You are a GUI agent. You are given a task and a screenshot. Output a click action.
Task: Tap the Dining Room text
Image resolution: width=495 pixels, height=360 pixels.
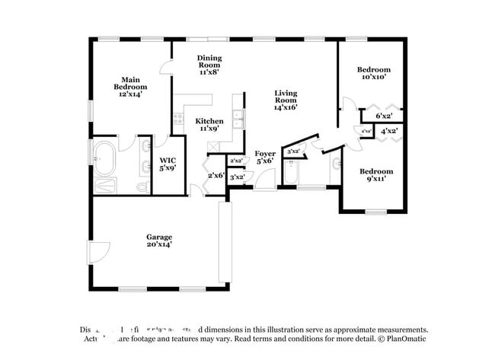coord(209,65)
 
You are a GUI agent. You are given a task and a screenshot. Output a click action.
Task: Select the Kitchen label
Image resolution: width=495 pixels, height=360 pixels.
coord(209,125)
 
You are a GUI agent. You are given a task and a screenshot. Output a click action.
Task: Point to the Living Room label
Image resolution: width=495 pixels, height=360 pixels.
coord(286,100)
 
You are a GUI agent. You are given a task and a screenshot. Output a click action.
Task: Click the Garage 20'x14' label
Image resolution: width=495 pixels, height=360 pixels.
coord(159,241)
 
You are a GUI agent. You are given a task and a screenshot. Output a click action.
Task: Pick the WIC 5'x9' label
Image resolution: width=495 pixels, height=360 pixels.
coord(168,164)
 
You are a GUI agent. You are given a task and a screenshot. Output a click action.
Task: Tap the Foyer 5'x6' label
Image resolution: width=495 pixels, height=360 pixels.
coord(265,158)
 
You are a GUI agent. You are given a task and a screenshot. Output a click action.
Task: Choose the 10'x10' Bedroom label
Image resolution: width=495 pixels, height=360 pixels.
coord(374,73)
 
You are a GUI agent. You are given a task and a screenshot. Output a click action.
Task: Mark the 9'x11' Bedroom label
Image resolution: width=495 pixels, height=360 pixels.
coord(376,176)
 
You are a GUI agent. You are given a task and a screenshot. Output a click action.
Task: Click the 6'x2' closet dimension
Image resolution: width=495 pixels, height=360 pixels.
coord(385,116)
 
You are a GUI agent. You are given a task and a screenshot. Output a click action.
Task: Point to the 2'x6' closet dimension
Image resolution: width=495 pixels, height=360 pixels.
coord(216,176)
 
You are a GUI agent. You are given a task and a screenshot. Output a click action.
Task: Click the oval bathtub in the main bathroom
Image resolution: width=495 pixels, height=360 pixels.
coord(104,158)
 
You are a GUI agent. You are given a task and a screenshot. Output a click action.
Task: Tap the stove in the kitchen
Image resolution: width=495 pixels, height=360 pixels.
coord(178,119)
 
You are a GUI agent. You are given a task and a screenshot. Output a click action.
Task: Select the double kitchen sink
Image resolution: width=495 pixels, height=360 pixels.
coord(238,117)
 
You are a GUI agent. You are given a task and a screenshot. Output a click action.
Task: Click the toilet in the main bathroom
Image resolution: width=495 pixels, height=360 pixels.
coord(142,186)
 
